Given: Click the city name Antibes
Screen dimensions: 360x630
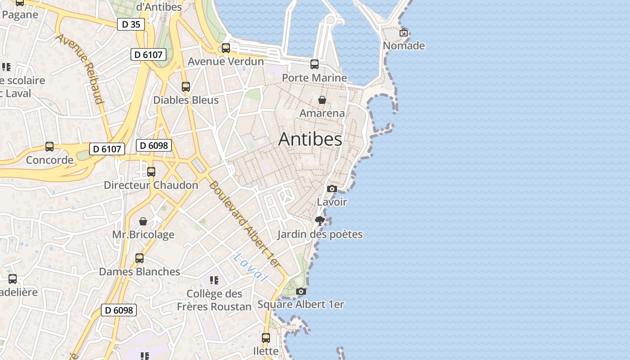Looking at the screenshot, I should click(310, 139).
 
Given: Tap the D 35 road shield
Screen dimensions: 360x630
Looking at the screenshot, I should click(131, 24).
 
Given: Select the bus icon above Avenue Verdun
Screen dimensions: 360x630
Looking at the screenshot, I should click(226, 48).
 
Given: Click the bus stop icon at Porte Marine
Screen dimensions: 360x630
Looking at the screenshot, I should click(315, 64).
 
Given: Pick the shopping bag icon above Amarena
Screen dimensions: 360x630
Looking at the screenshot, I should click(322, 100).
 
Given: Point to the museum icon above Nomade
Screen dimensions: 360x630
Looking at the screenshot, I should click(404, 32).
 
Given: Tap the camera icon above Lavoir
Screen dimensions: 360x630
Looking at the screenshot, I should click(332, 189).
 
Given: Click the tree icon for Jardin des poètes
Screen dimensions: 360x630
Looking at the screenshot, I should click(320, 221).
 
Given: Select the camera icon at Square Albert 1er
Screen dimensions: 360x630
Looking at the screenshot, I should click(301, 292).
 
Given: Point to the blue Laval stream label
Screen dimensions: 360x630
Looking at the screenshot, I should click(251, 268).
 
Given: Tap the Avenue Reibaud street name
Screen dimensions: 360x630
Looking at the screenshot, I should click(80, 68).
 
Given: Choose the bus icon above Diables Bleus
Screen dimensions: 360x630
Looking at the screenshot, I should click(186, 87).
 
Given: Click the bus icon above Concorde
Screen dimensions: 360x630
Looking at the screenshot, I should click(49, 147).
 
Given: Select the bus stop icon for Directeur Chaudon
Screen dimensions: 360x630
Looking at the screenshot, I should click(151, 172).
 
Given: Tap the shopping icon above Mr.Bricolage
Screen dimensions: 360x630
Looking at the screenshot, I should click(143, 221).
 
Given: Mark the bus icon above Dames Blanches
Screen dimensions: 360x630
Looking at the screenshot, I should click(139, 258).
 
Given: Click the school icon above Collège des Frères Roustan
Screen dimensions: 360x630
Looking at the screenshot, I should click(214, 280).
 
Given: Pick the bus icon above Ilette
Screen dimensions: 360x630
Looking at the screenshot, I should click(266, 337).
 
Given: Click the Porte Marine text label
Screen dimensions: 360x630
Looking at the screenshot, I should click(315, 78).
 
